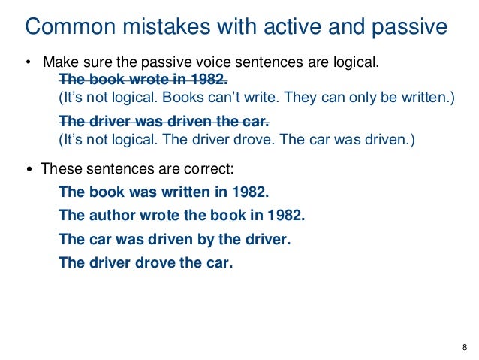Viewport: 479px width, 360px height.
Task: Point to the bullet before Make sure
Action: point(29,62)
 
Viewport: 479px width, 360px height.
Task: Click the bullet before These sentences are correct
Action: point(29,169)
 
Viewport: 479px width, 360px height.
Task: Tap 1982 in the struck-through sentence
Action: point(208,79)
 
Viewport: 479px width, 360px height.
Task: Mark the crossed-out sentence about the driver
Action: point(163,121)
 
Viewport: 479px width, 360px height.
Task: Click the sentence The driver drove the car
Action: point(146,263)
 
